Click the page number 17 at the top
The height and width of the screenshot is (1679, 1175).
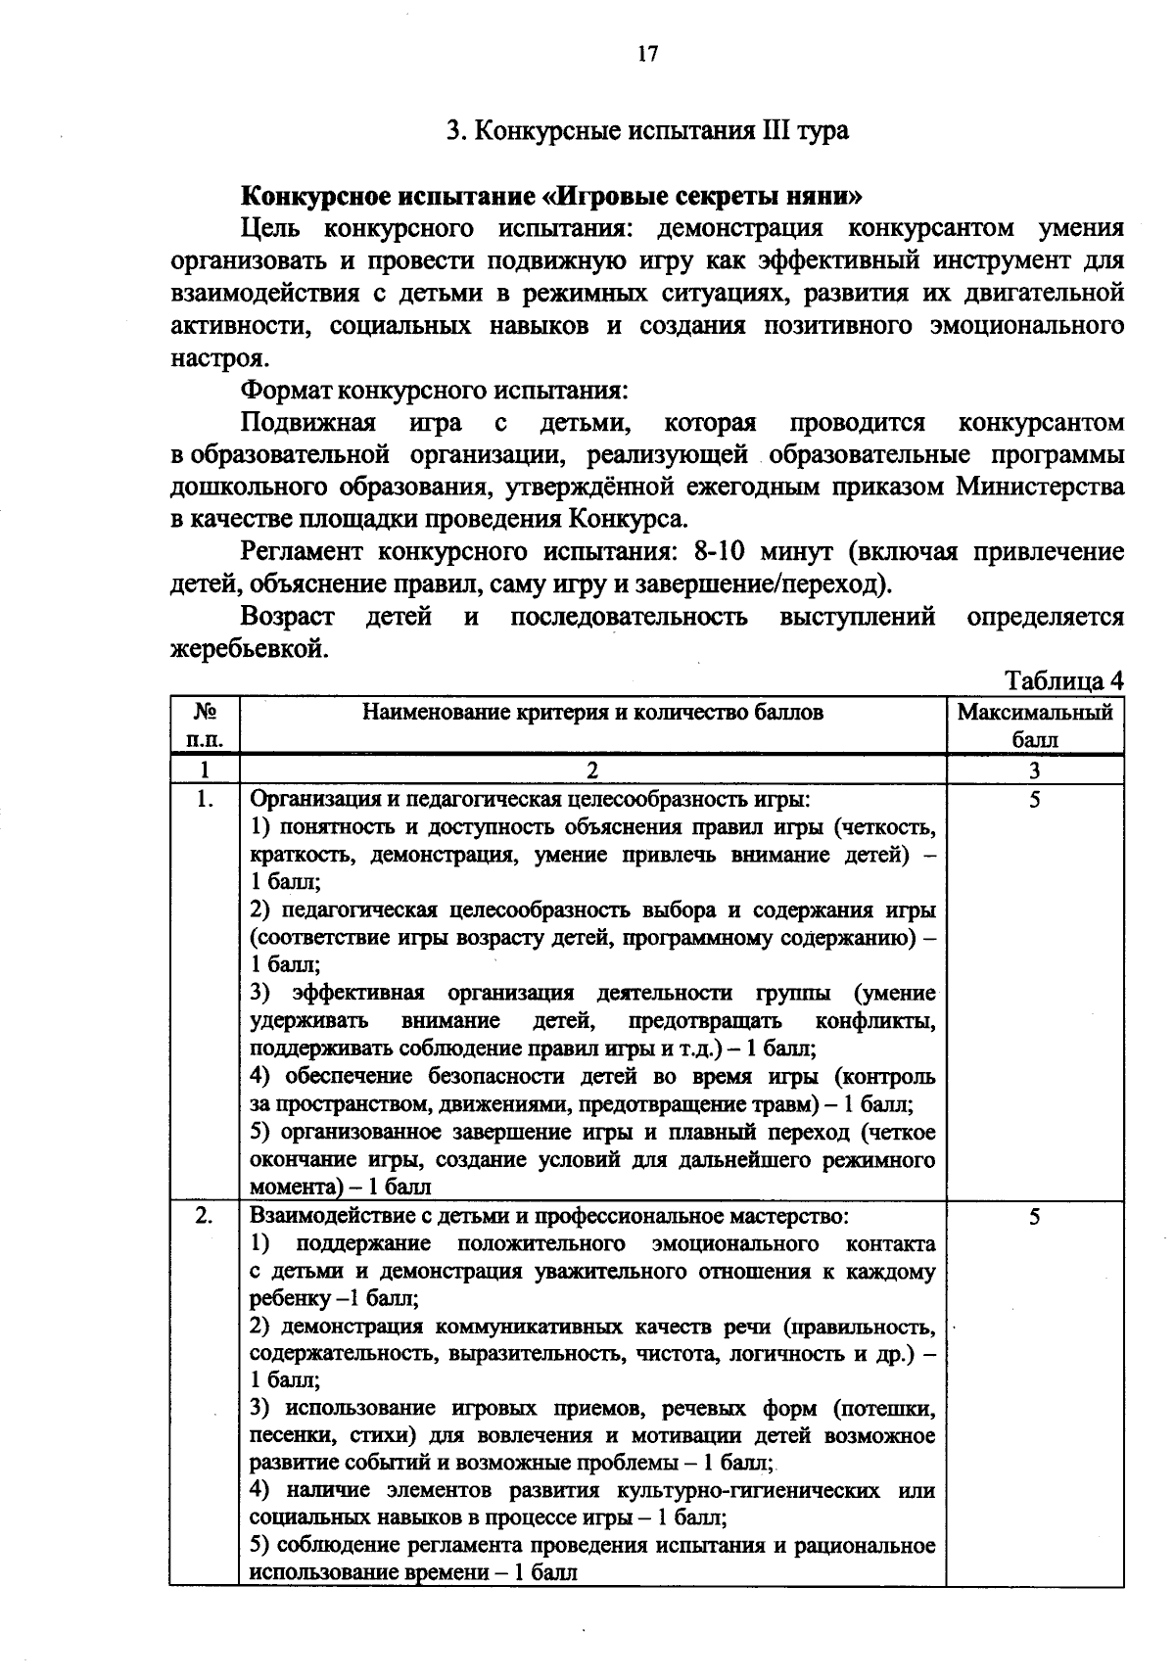coord(647,54)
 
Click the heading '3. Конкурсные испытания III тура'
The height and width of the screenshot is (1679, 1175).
coord(647,131)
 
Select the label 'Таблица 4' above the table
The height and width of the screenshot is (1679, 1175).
coord(1064,680)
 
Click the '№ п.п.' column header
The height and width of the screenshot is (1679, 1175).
coord(204,725)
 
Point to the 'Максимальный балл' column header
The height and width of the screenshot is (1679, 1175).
coord(1035,725)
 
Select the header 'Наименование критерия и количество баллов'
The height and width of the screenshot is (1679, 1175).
coord(592,713)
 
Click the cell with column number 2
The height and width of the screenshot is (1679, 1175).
coord(592,770)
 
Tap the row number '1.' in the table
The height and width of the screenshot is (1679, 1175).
coord(204,799)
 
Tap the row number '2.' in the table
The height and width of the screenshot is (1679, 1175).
coord(204,1216)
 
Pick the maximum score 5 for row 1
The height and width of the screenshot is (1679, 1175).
coord(1035,799)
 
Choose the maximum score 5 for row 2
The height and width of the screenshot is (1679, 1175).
coord(1035,1216)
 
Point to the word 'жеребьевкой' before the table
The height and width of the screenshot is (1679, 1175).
coord(248,649)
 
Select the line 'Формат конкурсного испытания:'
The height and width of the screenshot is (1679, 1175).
coord(434,391)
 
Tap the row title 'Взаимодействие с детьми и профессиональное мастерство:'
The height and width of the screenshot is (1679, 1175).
coord(549,1216)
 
